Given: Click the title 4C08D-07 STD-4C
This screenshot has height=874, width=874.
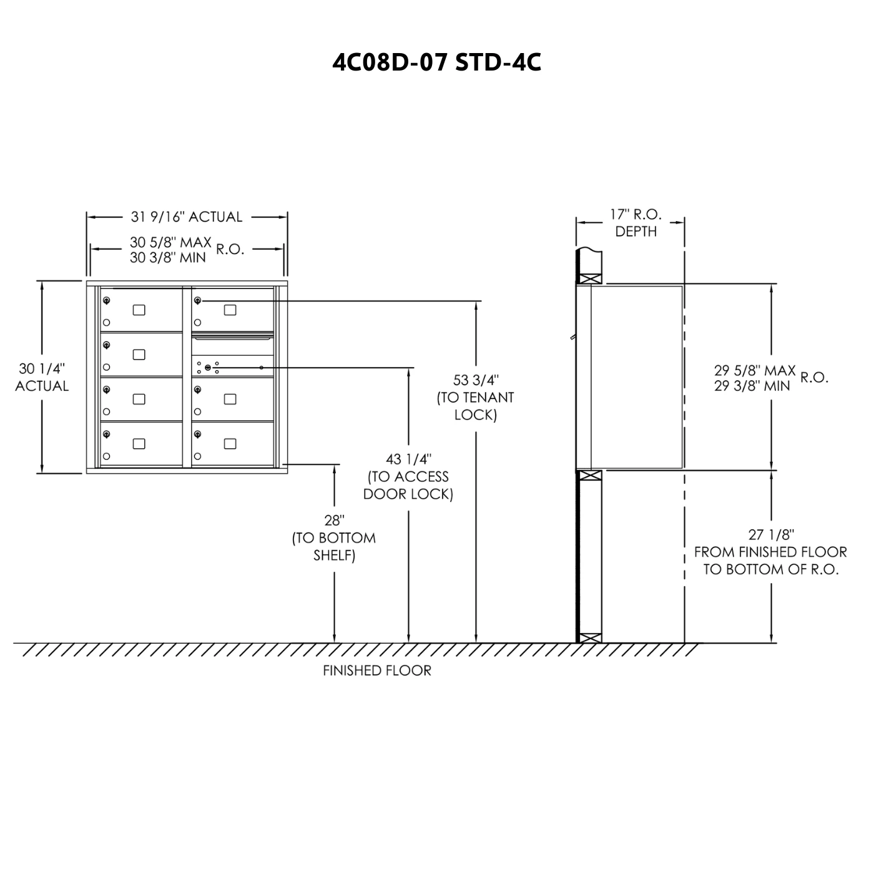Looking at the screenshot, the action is (x=436, y=62).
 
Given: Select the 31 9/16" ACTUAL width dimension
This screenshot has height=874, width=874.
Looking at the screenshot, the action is (x=187, y=217).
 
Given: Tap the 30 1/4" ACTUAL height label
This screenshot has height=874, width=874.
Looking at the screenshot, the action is (x=42, y=377).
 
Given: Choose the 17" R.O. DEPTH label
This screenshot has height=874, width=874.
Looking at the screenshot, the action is (x=636, y=223).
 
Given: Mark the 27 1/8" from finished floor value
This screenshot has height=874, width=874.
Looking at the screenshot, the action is (x=771, y=535).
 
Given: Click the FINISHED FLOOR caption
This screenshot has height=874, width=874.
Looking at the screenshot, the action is (x=377, y=670).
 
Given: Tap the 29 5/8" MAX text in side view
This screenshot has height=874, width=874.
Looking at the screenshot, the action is (x=755, y=370).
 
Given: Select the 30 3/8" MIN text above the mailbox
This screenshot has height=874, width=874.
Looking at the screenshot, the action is (x=168, y=258).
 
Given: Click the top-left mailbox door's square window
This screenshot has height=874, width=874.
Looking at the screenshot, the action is (x=139, y=310).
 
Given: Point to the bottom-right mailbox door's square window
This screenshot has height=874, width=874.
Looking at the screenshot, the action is (x=230, y=444).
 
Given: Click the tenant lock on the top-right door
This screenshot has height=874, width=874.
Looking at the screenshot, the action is (x=197, y=300).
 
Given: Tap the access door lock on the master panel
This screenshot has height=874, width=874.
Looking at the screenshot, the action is (x=208, y=367).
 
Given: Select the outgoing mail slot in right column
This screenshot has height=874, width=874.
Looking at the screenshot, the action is (x=232, y=337).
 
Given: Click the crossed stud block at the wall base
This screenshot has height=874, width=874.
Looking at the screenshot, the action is (x=591, y=638).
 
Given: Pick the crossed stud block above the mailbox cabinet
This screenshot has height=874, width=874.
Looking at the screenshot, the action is (x=591, y=278).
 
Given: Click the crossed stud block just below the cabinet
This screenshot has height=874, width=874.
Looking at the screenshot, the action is (x=591, y=476).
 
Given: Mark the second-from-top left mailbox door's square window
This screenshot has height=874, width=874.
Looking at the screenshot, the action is (x=139, y=354).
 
